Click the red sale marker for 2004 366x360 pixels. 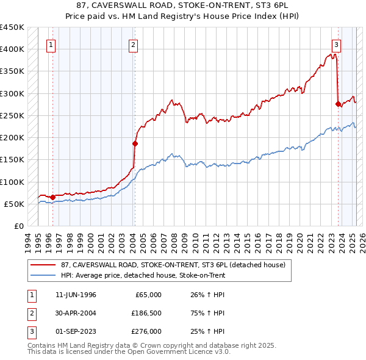point(135,144)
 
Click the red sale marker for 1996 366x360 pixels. point(52,197)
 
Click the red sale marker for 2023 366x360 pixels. point(338,104)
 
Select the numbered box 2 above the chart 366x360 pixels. point(132,44)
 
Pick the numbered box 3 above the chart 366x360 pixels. point(336,44)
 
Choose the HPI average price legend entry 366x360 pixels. point(143,276)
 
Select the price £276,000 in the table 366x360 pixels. point(146,331)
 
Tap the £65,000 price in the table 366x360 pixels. point(148,295)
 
